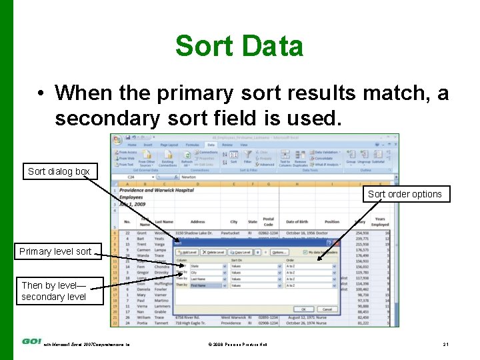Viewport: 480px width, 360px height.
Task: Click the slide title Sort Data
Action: tap(239, 47)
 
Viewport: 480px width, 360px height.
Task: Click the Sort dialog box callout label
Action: tap(59, 171)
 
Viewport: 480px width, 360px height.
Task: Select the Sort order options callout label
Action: tap(405, 194)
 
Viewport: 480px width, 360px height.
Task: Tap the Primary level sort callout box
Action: tap(55, 251)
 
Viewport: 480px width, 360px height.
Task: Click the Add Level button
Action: tap(188, 253)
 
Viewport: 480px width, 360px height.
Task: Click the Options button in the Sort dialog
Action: tap(278, 253)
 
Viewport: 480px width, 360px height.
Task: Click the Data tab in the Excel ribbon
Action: tap(211, 144)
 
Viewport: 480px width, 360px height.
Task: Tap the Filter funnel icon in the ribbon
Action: tap(248, 156)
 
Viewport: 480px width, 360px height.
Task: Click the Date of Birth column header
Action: tap(301, 222)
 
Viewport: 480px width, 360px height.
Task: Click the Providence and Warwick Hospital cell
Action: tap(157, 190)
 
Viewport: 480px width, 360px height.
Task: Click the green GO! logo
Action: tap(31, 341)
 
